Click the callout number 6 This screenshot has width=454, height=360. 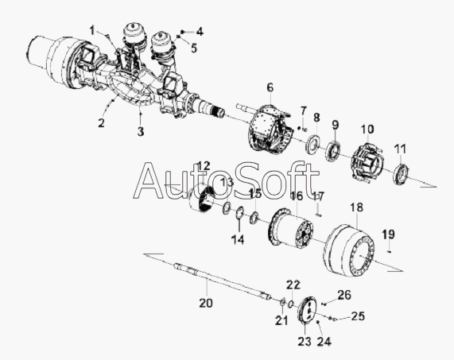[x=270, y=87]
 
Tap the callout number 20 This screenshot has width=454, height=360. [x=206, y=303]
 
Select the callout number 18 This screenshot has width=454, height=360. [x=356, y=207]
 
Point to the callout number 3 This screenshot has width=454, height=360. [x=141, y=132]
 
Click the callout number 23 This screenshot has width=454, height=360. [x=305, y=342]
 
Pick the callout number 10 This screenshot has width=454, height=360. [x=367, y=129]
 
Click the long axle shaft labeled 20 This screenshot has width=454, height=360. [x=223, y=281]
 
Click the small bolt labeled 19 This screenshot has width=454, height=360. [x=390, y=251]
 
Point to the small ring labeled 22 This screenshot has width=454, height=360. [x=292, y=304]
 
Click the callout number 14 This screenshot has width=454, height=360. [x=238, y=240]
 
